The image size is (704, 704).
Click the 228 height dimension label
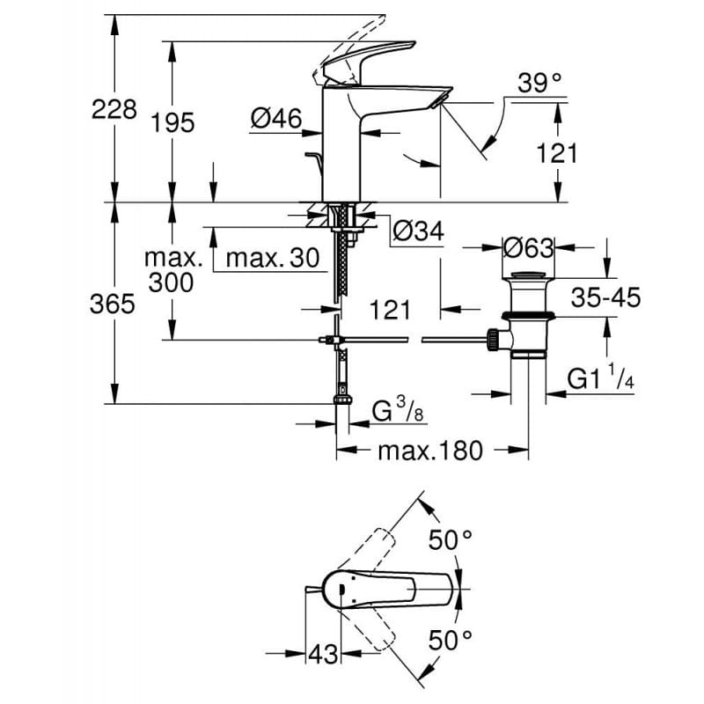click(114, 110)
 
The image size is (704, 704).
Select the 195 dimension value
click(172, 122)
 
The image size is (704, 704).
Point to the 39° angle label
click(539, 84)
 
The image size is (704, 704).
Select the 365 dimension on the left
click(114, 304)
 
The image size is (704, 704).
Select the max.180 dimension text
click(430, 451)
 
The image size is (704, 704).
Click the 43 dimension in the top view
click(323, 655)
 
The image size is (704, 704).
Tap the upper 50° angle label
click(451, 539)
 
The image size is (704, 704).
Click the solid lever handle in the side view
click(370, 62)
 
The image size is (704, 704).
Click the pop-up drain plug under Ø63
click(528, 290)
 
